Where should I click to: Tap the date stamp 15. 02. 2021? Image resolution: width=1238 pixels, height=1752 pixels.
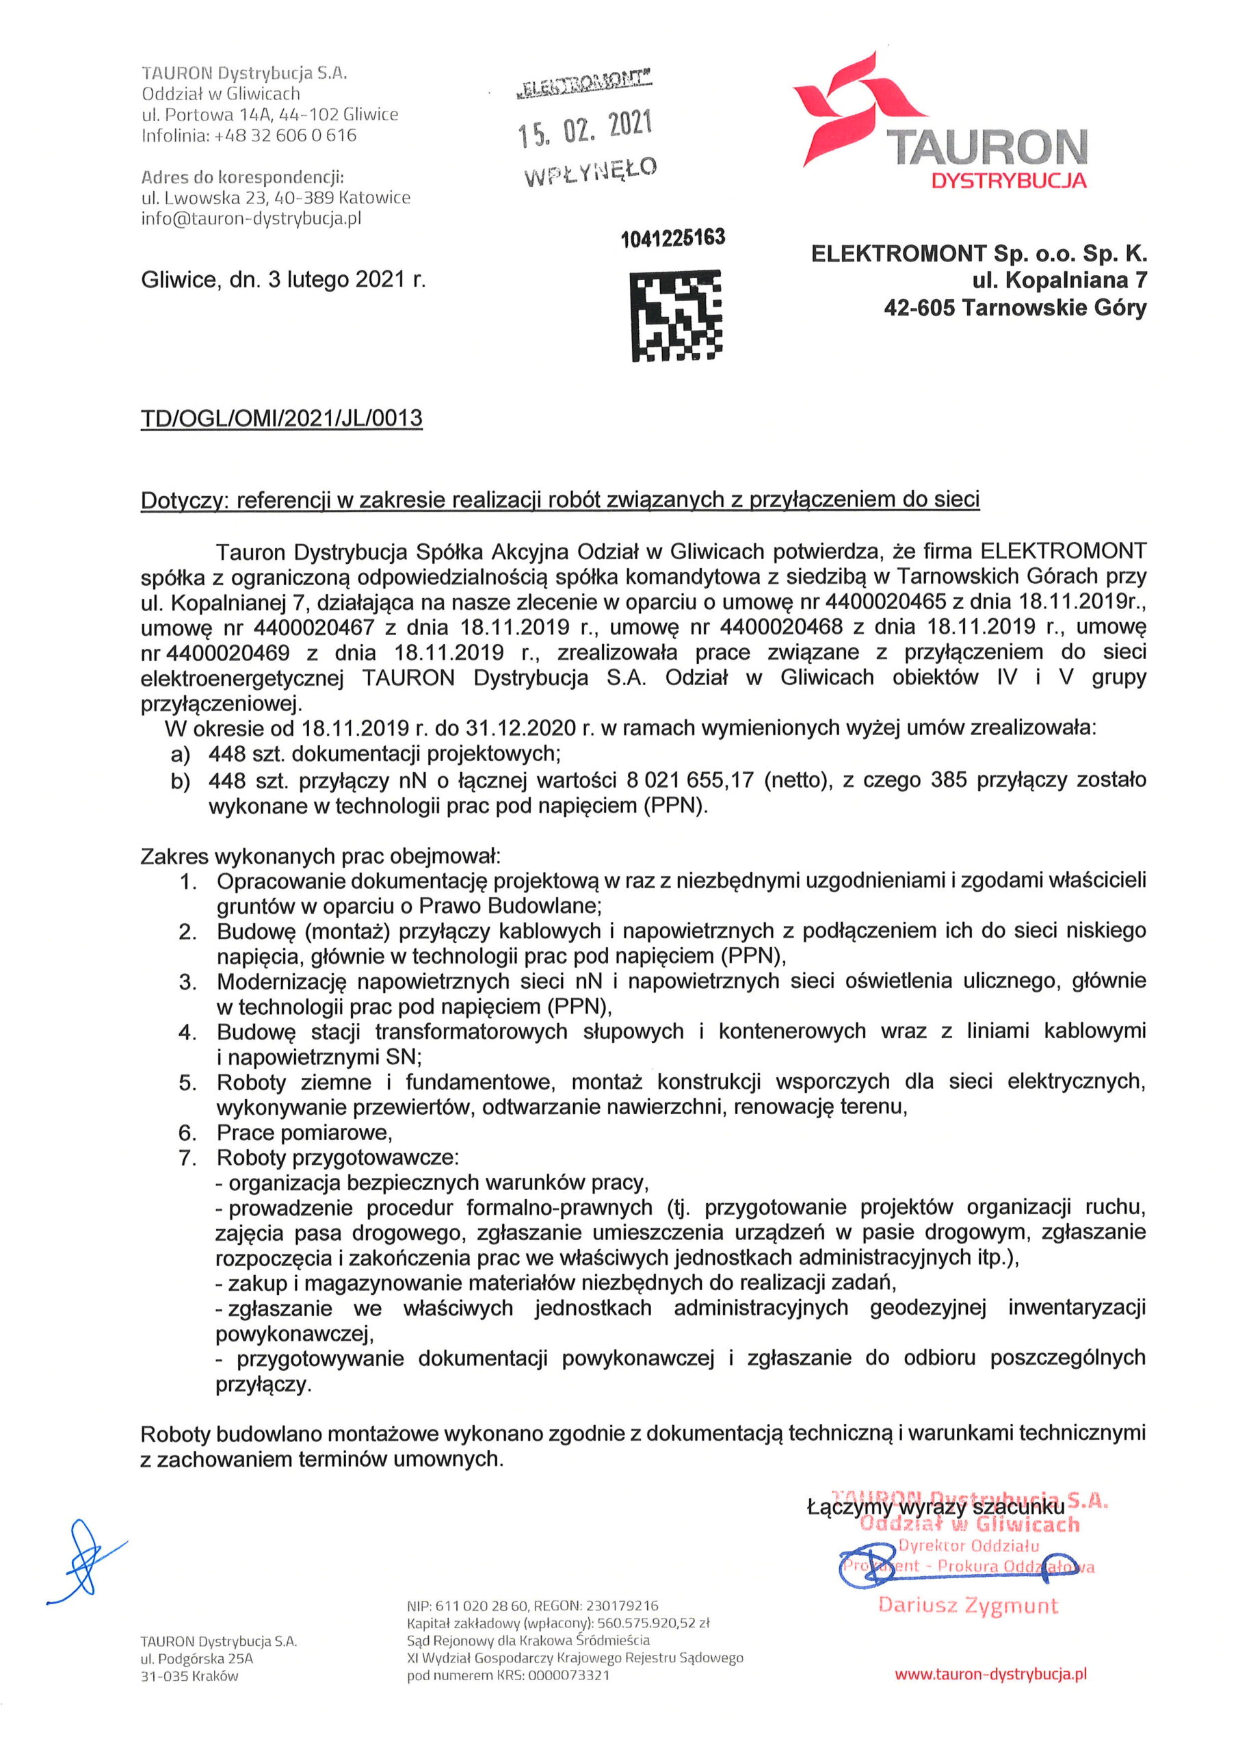pos(585,127)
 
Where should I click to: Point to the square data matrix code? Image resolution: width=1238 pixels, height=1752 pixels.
pos(676,314)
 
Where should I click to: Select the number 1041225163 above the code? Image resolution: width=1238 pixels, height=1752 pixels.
pos(672,238)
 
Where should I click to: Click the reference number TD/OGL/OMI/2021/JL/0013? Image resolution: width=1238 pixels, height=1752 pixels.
pos(282,418)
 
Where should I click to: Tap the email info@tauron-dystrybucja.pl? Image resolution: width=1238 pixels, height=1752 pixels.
pos(251,218)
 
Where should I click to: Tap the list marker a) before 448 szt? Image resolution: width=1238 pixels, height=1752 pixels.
pos(180,756)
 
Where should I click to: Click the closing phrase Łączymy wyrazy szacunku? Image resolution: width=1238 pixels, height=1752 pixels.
pos(935,1507)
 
